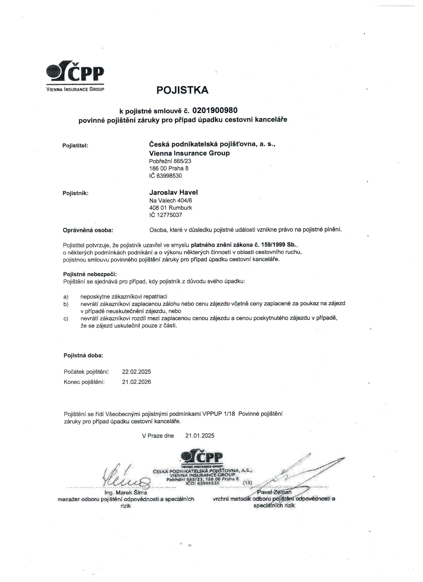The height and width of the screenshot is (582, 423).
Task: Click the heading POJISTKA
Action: [x=182, y=90]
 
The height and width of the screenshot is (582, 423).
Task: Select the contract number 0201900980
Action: [x=215, y=110]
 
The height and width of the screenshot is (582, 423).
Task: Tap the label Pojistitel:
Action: [x=75, y=145]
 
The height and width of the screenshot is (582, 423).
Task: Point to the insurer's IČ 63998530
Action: [x=165, y=176]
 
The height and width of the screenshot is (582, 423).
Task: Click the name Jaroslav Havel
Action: [x=173, y=192]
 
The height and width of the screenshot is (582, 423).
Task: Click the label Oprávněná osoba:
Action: [x=88, y=230]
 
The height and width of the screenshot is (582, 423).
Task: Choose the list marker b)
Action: [x=66, y=304]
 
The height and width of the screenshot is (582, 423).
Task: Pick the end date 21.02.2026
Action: [x=136, y=382]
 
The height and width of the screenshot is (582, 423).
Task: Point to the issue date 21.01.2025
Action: [x=200, y=436]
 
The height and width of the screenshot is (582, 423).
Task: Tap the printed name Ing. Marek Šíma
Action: [x=126, y=493]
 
